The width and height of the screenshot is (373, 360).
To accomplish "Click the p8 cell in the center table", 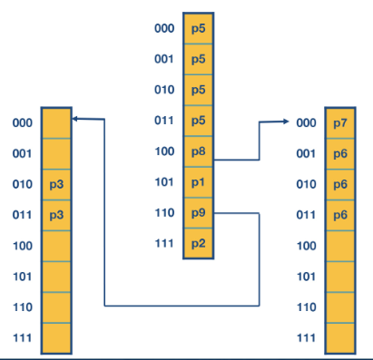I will point(199,151).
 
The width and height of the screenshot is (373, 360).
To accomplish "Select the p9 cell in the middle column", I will point(199,213).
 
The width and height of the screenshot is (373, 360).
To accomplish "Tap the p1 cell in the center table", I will point(199,182).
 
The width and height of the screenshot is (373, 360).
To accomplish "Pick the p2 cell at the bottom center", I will point(199,244).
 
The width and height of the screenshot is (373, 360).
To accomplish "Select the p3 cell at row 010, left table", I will point(56,184).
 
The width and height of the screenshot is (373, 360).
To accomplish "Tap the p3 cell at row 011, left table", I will point(56,215).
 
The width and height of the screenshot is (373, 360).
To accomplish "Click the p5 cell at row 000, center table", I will point(199,28).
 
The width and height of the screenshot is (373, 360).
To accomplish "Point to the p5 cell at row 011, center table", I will point(199,121).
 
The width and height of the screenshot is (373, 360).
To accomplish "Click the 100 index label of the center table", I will point(164,151).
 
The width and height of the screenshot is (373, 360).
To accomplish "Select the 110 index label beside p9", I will point(164,213).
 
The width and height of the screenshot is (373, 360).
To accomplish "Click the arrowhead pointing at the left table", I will point(76,119).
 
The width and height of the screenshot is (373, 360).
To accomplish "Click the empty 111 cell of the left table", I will point(56,338).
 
